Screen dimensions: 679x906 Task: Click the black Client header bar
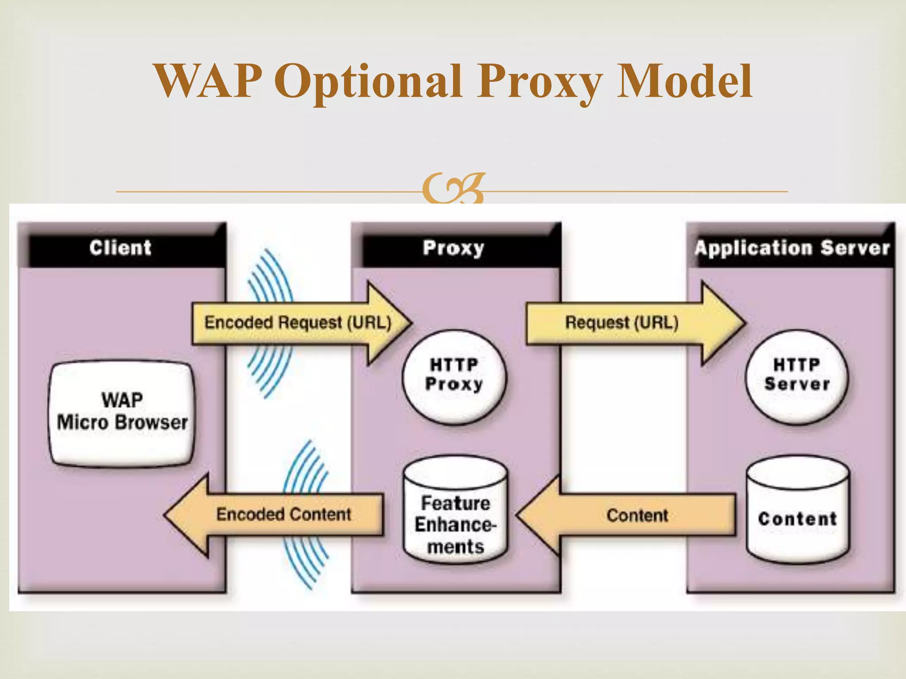121,248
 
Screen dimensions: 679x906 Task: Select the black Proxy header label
454,248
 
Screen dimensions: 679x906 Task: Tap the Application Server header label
792,248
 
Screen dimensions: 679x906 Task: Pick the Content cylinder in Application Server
798,513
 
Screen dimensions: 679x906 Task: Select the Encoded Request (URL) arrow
297,323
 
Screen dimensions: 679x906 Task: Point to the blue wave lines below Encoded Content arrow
305,561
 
